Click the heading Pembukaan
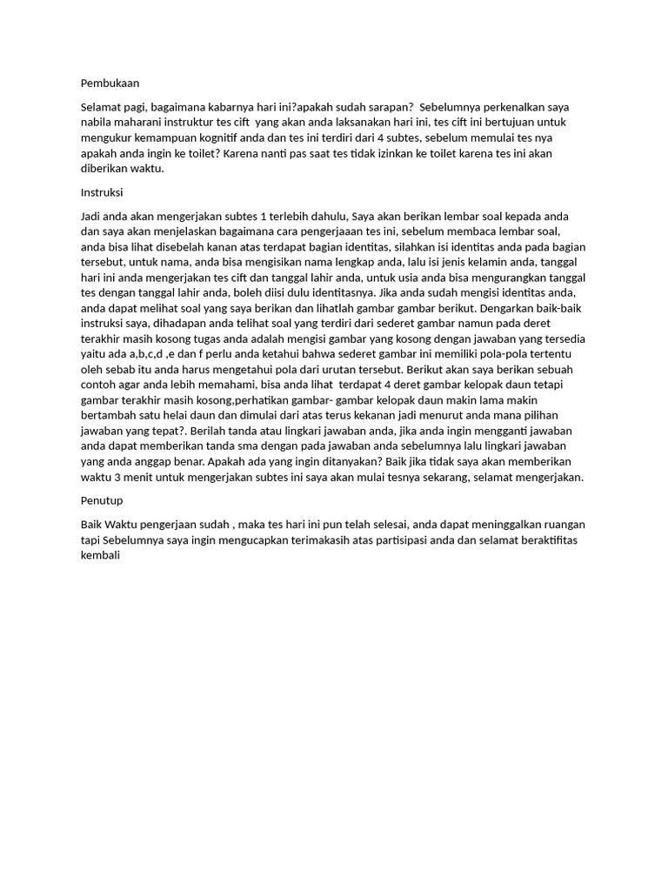click(x=110, y=84)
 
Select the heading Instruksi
click(x=105, y=191)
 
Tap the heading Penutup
click(x=102, y=500)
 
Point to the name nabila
click(x=97, y=123)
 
